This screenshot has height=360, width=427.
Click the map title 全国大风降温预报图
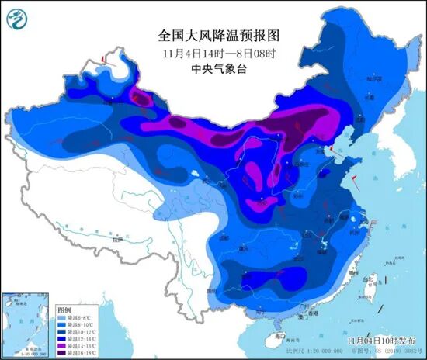tap(213, 36)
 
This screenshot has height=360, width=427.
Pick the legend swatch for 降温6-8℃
tap(63, 309)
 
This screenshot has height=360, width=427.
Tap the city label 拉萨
tap(116, 241)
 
